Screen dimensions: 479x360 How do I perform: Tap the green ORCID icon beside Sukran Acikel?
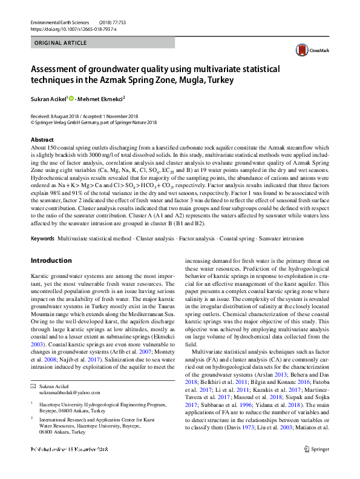(x=71, y=98)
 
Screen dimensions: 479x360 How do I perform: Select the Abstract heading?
(x=42, y=139)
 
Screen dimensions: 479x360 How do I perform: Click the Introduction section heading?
(x=51, y=260)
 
